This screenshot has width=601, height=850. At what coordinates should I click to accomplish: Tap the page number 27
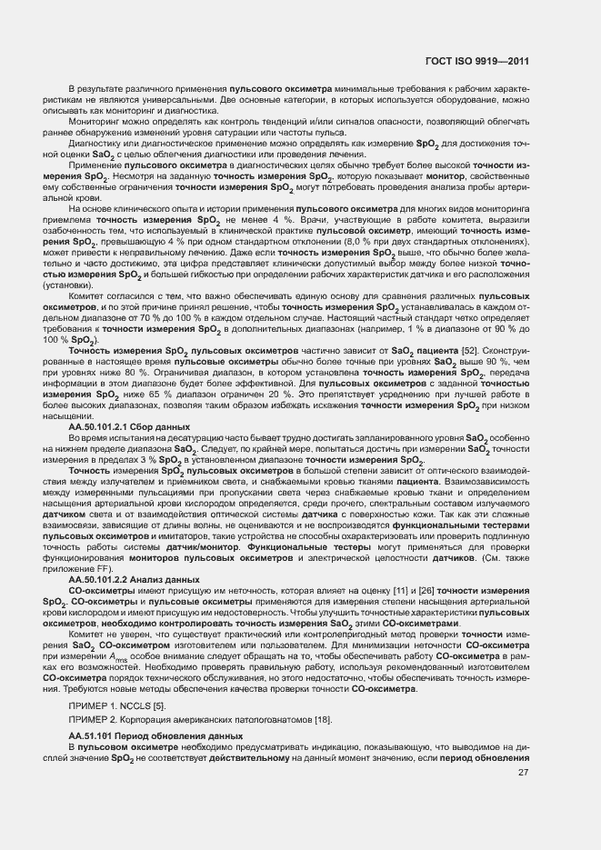tap(523, 773)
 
